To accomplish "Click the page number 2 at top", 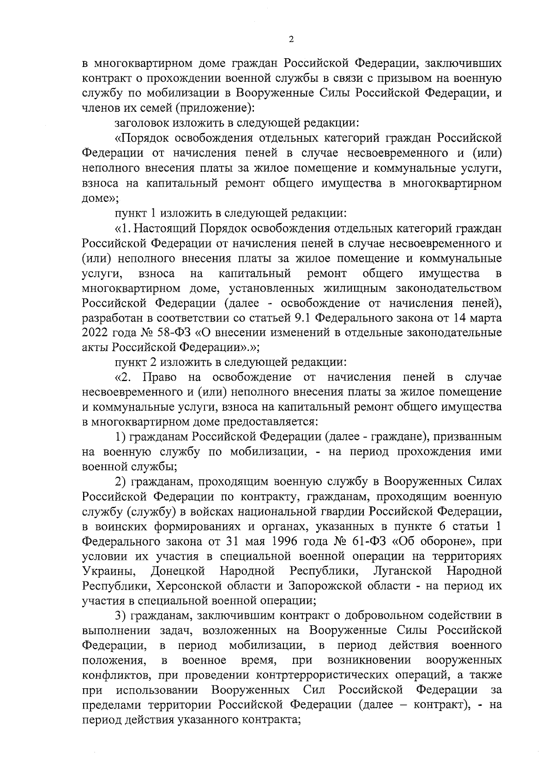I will (291, 40).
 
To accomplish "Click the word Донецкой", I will (178, 571).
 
